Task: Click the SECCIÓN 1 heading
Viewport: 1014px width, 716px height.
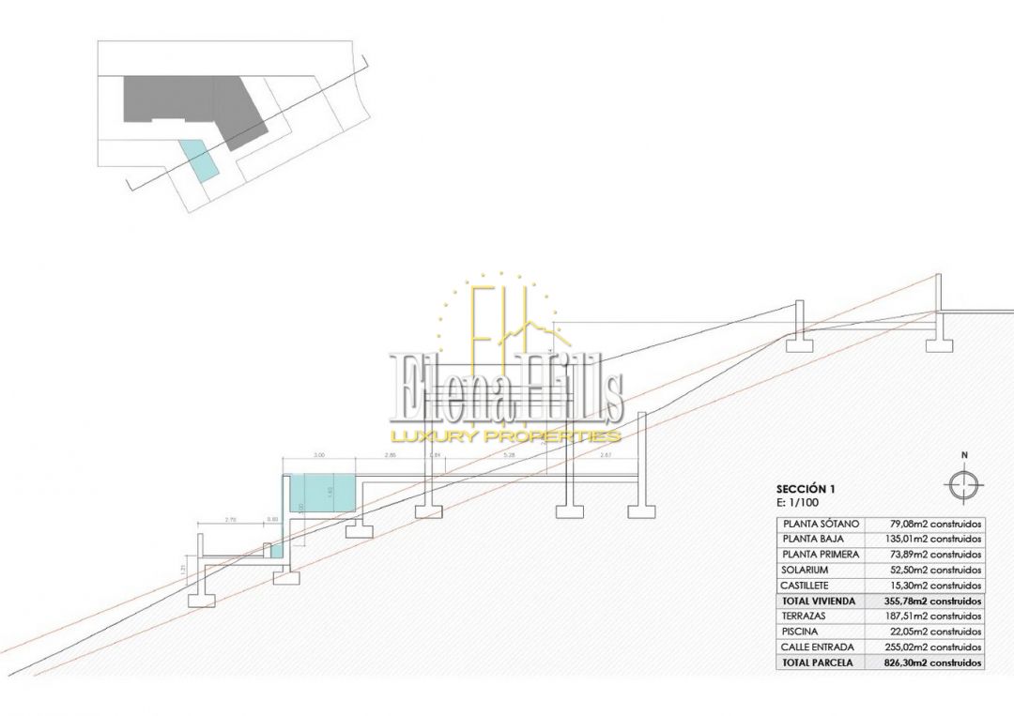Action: [806, 489]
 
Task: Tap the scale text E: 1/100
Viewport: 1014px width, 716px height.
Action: [795, 502]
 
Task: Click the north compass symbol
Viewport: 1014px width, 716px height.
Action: [963, 484]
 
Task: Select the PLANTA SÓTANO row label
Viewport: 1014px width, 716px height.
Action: [820, 524]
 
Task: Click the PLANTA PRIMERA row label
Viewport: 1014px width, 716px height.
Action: [820, 555]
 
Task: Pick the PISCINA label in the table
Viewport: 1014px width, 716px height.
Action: [800, 632]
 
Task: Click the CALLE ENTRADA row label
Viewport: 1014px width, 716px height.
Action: [816, 647]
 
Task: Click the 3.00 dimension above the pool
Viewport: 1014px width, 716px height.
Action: [319, 455]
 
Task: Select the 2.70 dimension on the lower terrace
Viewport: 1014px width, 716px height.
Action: [231, 519]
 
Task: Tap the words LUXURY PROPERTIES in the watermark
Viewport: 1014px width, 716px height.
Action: [507, 435]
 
